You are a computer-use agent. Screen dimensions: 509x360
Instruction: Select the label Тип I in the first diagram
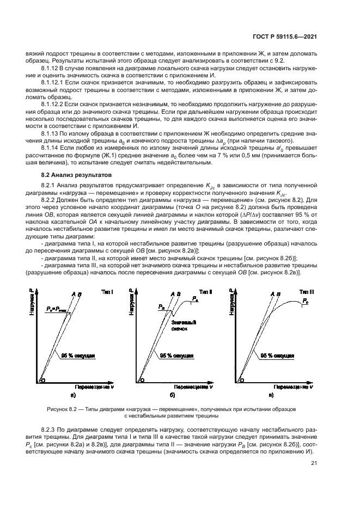tap(107, 293)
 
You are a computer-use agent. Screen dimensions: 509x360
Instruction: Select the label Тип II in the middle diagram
tap(207, 293)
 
